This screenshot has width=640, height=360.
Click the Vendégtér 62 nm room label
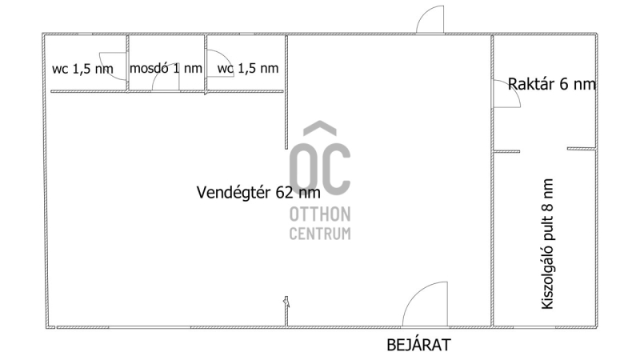(x=258, y=192)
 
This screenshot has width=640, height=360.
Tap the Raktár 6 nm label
(x=552, y=84)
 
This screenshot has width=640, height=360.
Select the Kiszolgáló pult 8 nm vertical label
(x=547, y=244)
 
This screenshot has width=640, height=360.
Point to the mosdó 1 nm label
(x=166, y=68)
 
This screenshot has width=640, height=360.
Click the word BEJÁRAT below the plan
(x=418, y=345)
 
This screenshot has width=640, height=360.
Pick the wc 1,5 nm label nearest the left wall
(x=82, y=69)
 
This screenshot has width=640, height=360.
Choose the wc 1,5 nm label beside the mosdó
(x=248, y=68)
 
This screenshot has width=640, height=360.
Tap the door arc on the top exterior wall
(x=425, y=14)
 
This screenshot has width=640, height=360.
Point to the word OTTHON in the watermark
(x=320, y=214)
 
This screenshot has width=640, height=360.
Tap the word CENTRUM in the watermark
(x=320, y=234)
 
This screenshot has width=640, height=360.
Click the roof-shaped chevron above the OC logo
(x=320, y=127)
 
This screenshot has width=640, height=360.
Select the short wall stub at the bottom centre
(x=286, y=311)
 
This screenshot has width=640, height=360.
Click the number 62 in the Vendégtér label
(x=285, y=192)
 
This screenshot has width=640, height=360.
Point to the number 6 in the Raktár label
(x=564, y=84)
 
